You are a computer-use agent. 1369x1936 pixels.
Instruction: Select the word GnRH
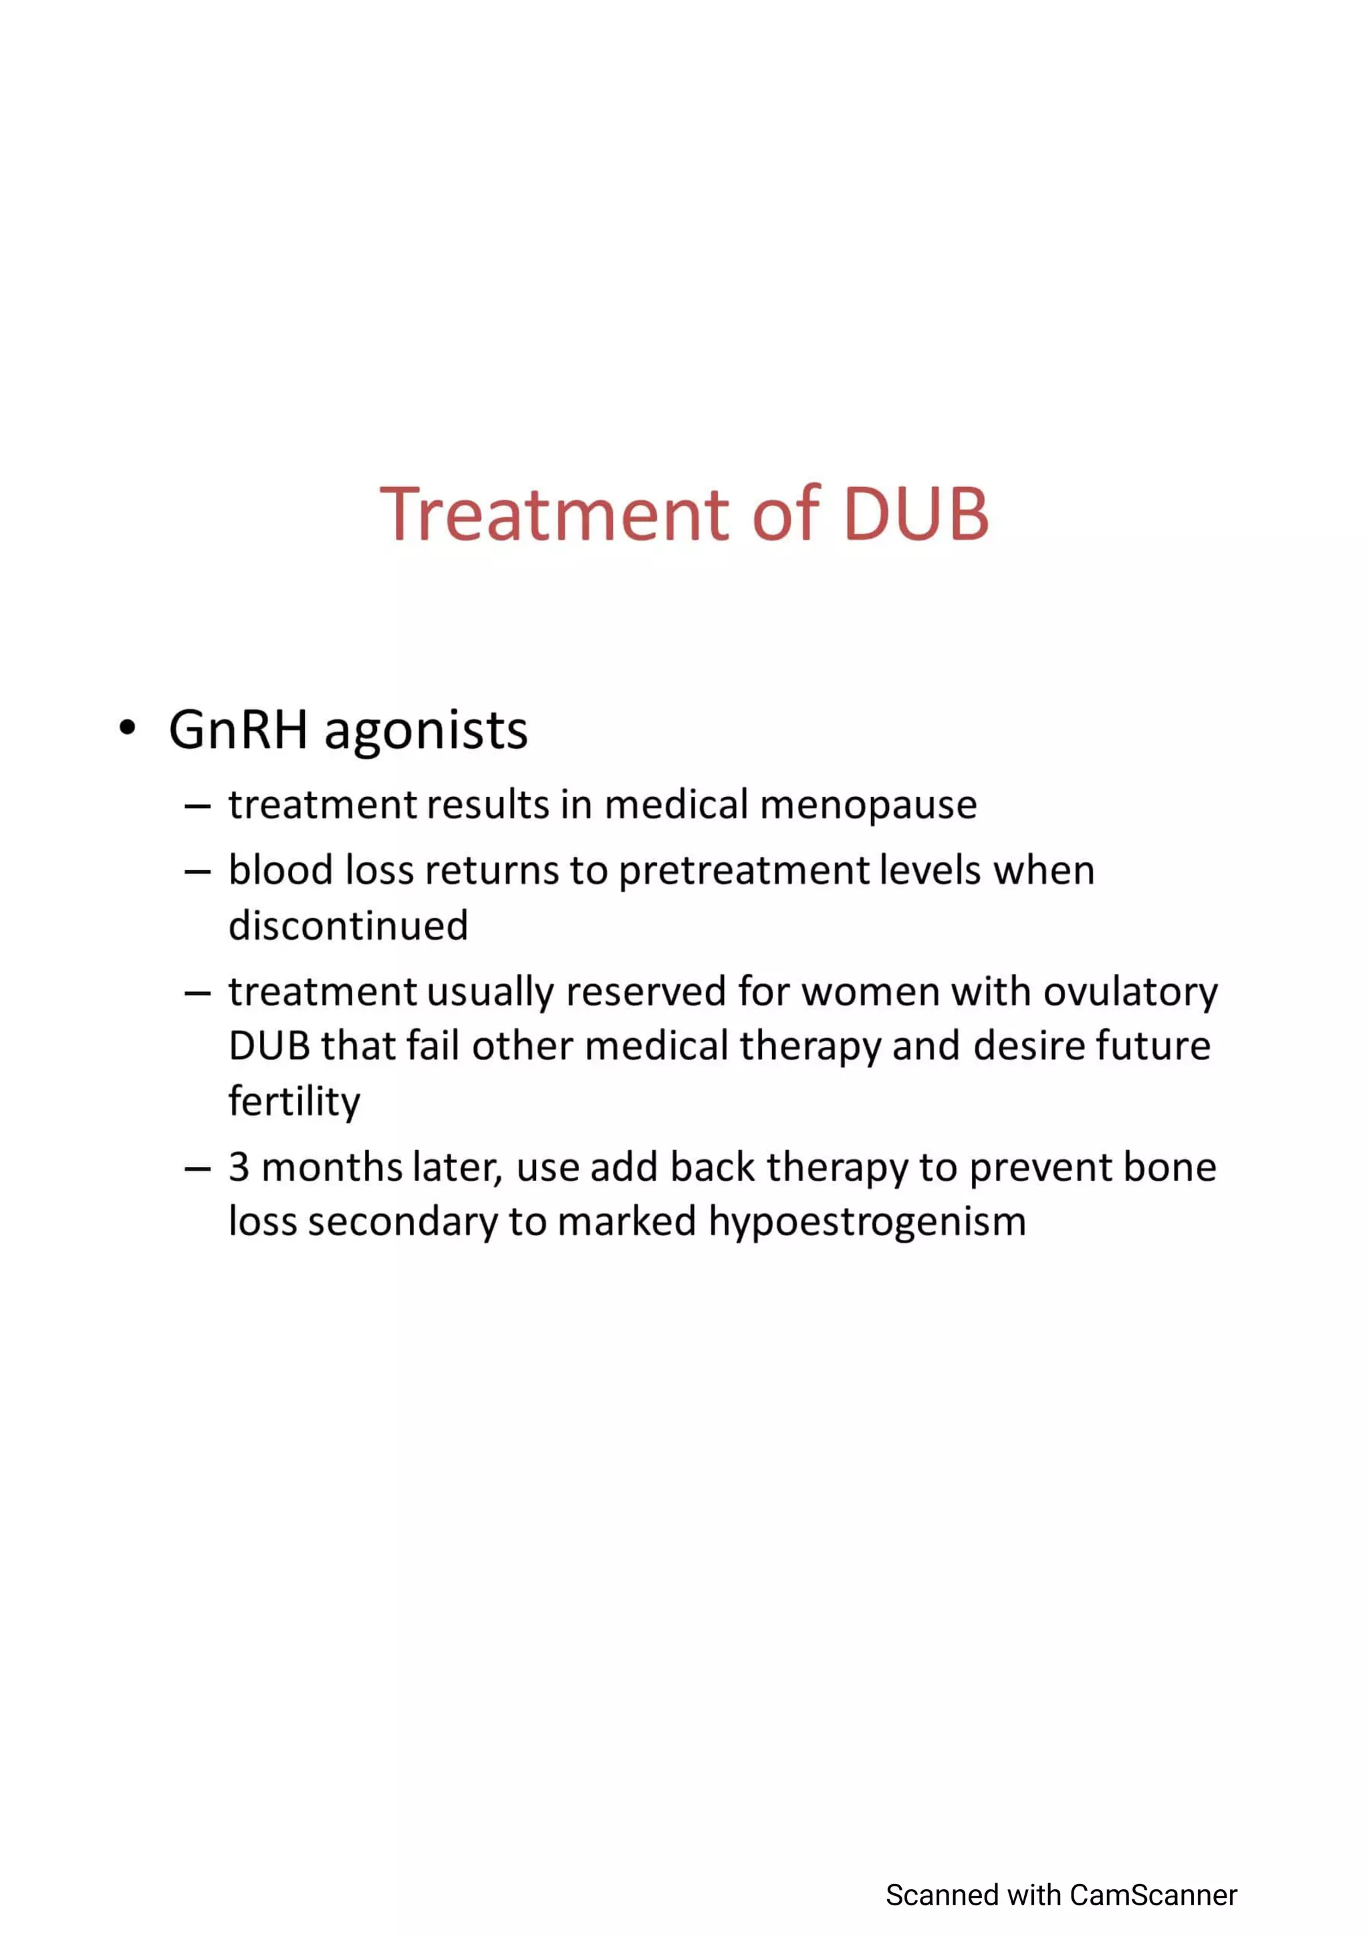pos(238,730)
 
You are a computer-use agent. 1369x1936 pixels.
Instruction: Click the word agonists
pos(426,731)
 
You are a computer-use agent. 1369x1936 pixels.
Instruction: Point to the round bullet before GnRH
pos(128,728)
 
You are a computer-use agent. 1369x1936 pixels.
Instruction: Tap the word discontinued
pos(348,926)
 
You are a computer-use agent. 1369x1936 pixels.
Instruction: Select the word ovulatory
pos(1130,993)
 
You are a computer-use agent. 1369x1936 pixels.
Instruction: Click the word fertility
pos(293,1101)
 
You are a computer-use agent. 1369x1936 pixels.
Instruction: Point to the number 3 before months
pos(239,1168)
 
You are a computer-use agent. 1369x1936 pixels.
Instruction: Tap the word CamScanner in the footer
pos(1153,1895)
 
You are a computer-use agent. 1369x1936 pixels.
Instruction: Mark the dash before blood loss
pos(197,872)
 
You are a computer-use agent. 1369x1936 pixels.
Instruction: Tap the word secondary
pos(402,1223)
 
